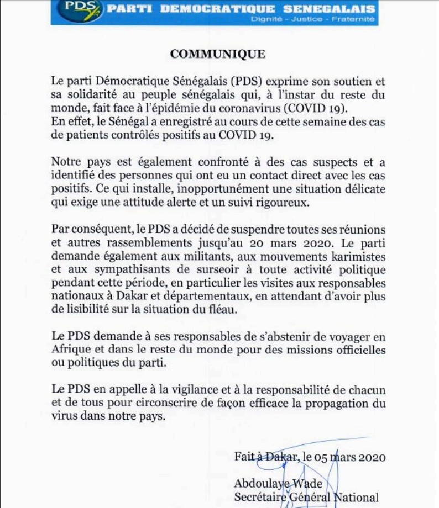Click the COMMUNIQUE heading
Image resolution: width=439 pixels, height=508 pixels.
coord(218,54)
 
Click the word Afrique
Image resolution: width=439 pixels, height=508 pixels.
coord(70,351)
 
